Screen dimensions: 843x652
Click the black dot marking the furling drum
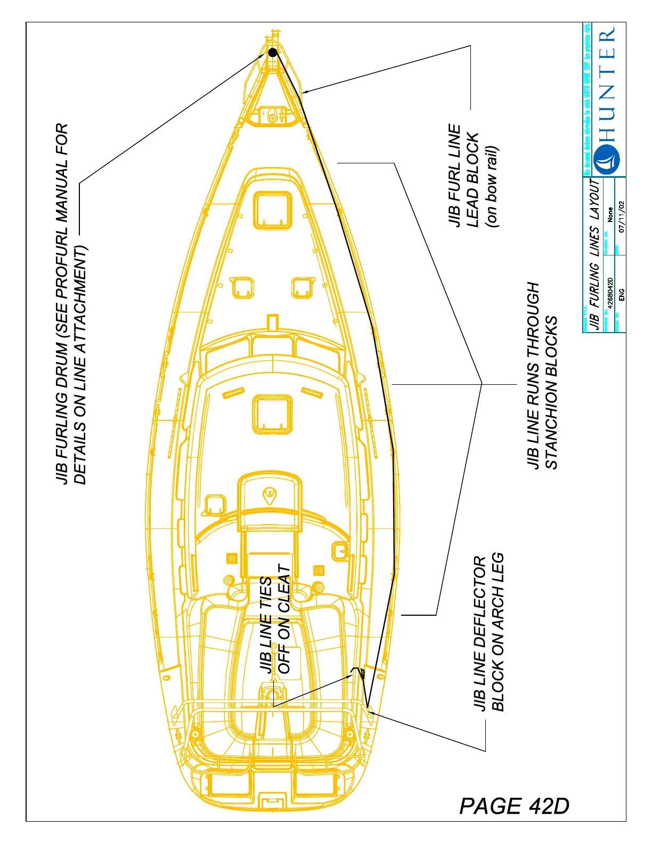[273, 52]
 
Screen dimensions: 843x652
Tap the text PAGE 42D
[514, 806]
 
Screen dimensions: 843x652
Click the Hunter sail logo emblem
[606, 159]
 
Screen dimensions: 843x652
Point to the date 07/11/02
[622, 217]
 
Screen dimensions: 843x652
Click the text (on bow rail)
[492, 186]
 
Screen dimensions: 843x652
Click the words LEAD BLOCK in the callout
[473, 180]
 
